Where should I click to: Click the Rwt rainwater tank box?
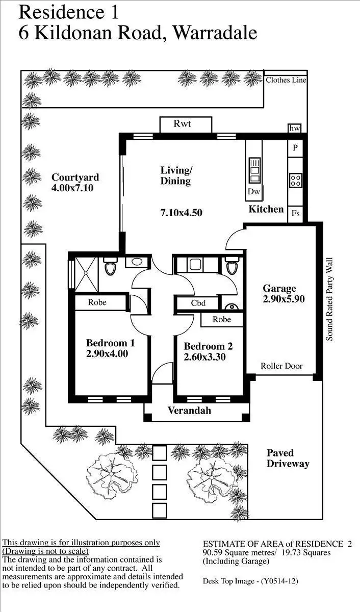point(186,124)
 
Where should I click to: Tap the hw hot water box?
point(295,129)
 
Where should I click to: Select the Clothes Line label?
point(285,80)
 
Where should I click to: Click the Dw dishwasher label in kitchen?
point(254,192)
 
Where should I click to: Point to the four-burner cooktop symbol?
point(296,180)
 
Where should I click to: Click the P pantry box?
point(295,148)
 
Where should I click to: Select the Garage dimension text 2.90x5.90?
point(284,299)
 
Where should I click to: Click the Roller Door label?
point(281,366)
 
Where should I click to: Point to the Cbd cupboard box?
point(198,303)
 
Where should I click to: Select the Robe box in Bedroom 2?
point(222,320)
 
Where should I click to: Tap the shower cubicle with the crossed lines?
point(85,274)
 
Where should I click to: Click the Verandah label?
point(189,411)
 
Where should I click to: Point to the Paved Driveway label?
point(288,458)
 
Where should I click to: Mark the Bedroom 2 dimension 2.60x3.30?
point(204,357)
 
